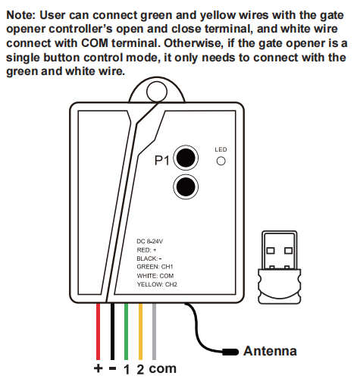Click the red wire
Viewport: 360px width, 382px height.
98,331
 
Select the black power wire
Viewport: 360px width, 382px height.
112,331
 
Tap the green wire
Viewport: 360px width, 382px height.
126,331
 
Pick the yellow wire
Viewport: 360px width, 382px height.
140,331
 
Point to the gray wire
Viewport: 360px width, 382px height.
154,331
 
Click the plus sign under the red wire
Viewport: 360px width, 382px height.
98,368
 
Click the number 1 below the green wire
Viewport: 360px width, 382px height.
127,370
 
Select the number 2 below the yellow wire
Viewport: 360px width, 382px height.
140,370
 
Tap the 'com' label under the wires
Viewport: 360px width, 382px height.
162,369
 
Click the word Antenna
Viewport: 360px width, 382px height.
270,351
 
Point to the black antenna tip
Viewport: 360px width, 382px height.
230,352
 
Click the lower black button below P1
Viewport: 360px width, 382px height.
186,187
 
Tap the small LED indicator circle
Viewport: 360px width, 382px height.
221,161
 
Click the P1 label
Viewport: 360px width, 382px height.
162,160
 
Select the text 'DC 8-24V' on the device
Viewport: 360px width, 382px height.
150,241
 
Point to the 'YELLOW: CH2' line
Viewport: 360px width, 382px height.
157,284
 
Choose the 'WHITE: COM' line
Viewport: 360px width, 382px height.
155,276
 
